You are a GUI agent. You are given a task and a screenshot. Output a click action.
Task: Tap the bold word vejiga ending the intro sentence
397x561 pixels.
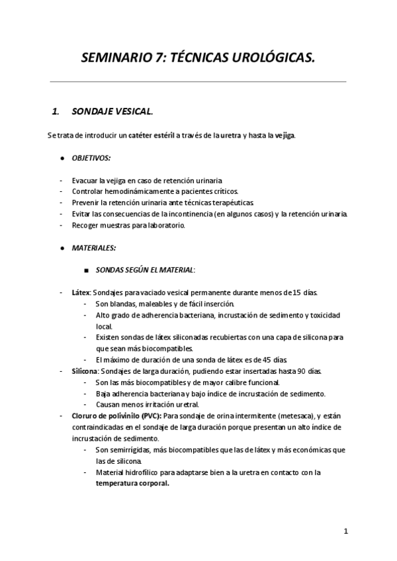tap(285, 135)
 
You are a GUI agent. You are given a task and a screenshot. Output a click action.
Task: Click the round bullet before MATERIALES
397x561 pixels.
tap(62, 248)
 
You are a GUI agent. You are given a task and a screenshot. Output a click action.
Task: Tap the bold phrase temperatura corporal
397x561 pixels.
tap(132, 482)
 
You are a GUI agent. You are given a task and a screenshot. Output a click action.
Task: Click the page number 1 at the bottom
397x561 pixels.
tap(345, 531)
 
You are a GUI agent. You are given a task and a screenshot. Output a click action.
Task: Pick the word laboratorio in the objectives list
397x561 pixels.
tap(165, 225)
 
